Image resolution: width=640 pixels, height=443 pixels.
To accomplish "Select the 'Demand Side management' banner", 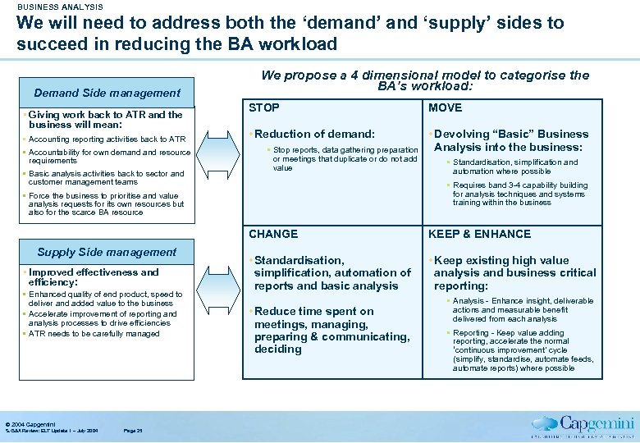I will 107,94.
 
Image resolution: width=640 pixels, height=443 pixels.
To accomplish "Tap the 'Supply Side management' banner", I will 107,253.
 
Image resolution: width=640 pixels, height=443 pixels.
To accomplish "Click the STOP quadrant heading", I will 264,107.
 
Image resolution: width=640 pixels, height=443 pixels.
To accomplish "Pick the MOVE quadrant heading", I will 446,107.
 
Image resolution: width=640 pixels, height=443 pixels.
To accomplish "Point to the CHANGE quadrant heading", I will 273,234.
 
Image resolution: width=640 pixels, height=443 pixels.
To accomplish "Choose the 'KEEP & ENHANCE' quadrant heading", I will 479,234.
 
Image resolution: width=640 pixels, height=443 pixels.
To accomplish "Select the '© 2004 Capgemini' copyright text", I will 28,424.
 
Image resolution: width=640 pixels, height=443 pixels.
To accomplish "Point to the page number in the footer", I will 132,431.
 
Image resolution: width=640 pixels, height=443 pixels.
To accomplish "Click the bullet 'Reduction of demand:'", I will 313,134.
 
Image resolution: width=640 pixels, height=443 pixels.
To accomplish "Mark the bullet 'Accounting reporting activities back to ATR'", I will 108,139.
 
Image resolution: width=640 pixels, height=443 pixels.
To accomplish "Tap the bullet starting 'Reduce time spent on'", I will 313,311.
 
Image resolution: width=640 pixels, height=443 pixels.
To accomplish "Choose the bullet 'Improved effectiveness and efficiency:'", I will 94,276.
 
